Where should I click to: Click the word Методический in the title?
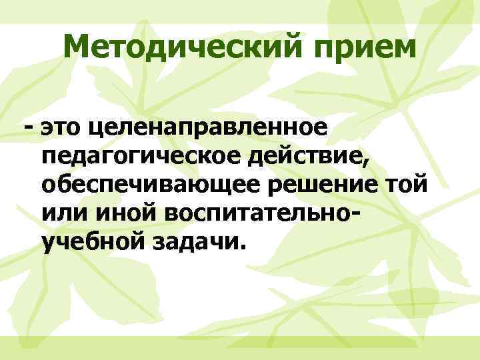pos(171,48)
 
